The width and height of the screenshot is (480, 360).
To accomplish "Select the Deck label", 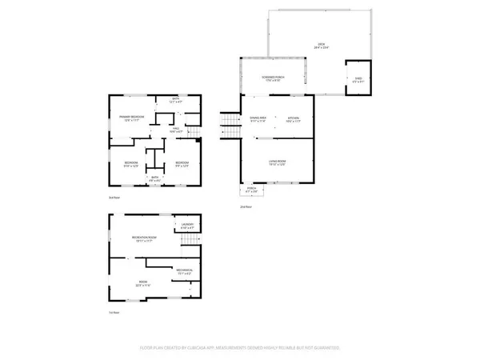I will [322, 46].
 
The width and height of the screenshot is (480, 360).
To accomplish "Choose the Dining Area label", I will [257, 118].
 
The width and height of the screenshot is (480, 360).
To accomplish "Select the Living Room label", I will [277, 162].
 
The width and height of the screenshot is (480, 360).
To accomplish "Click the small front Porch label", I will [252, 191].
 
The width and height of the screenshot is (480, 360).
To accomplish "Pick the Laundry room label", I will [187, 226].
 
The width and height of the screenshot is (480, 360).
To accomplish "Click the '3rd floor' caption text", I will [114, 197].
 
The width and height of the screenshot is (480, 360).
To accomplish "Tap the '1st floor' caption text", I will [114, 313].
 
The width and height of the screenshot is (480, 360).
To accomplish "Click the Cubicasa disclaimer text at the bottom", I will [240, 348].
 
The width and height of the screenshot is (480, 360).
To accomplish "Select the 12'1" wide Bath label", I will [174, 101].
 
